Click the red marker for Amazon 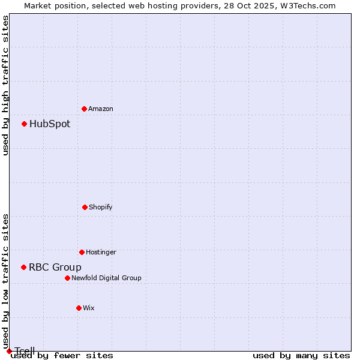point(84,109)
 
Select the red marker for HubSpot point(24,124)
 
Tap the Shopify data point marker point(85,207)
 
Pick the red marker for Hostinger point(82,252)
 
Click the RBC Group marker point(23,267)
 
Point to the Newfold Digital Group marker point(67,278)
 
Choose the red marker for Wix point(79,308)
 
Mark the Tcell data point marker point(9,351)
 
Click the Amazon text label point(101,109)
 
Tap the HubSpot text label point(50,124)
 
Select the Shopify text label point(101,208)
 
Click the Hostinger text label point(101,253)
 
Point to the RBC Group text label point(55,268)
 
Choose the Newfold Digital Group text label point(106,278)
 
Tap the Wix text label point(89,308)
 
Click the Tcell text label point(25,351)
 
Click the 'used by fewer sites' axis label point(62,356)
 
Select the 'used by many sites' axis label point(301,356)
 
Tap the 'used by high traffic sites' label point(6,85)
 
